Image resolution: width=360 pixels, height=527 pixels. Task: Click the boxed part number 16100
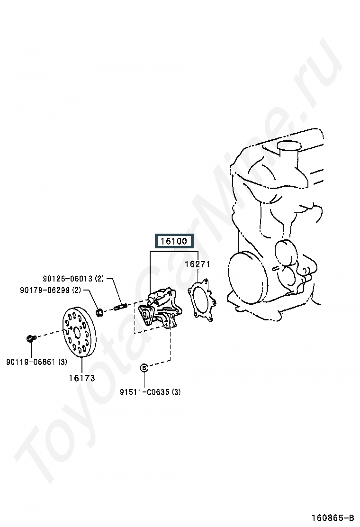pyautogui.click(x=174, y=241)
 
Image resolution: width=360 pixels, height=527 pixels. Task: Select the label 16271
pyautogui.click(x=197, y=264)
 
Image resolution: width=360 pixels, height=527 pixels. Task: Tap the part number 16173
pyautogui.click(x=81, y=378)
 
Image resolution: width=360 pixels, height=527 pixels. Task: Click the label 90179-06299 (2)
pyautogui.click(x=51, y=290)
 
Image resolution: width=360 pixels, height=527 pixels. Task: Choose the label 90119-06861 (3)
pyautogui.click(x=37, y=362)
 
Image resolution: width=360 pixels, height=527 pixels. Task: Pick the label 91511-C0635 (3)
pyautogui.click(x=150, y=392)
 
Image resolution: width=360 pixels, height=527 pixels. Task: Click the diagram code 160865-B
pyautogui.click(x=333, y=517)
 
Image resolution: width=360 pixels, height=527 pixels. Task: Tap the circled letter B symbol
pyautogui.click(x=144, y=367)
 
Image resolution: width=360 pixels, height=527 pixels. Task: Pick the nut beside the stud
pyautogui.click(x=100, y=312)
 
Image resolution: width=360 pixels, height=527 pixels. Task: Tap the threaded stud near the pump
pyautogui.click(x=120, y=307)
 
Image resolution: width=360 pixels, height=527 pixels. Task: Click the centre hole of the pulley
pyautogui.click(x=77, y=330)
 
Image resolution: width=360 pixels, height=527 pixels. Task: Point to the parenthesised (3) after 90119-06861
pyautogui.click(x=63, y=362)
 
